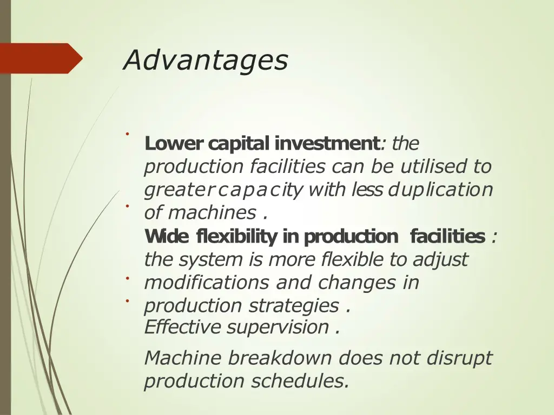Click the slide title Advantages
[x=205, y=60]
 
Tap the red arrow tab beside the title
[x=41, y=58]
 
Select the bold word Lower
[x=174, y=144]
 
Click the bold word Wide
[x=167, y=237]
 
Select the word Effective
[x=183, y=327]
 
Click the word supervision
[x=278, y=327]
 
